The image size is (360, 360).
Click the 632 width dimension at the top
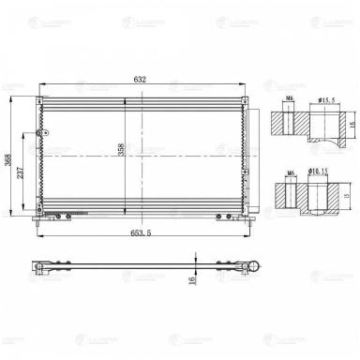pos(138,81)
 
